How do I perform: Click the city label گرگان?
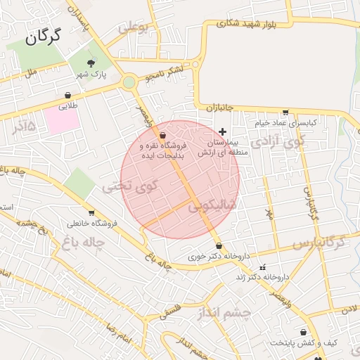click(x=43, y=37)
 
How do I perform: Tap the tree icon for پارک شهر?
click(x=89, y=63)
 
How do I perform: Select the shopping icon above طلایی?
click(x=67, y=95)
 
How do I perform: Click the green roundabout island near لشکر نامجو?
click(x=129, y=82)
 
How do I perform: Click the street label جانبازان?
click(x=221, y=107)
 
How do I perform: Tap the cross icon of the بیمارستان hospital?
click(x=223, y=131)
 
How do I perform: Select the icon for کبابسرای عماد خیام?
click(x=285, y=112)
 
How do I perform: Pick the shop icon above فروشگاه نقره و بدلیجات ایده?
click(x=163, y=135)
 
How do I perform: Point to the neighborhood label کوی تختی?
click(x=131, y=187)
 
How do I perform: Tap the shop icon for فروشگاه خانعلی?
click(x=91, y=213)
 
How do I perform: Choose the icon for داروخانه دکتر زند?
click(x=263, y=267)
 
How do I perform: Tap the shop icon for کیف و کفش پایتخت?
click(x=303, y=332)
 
